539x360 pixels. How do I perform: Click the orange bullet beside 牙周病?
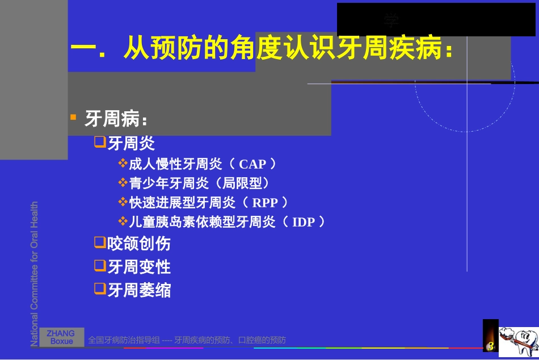tap(73, 118)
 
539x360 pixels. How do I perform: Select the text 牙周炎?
tap(131, 143)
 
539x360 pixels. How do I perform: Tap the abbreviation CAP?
tap(252, 165)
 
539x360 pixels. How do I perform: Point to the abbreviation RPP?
tap(265, 203)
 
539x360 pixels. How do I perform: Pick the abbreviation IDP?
tap(303, 222)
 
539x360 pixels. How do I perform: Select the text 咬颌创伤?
tap(139, 244)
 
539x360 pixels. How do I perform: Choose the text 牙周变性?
tap(139, 267)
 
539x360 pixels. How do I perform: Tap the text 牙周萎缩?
tap(139, 290)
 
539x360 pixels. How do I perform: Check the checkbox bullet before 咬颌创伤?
tap(100, 243)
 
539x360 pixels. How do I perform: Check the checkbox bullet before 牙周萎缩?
tap(100, 289)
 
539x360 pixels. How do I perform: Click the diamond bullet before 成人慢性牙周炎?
tap(123, 164)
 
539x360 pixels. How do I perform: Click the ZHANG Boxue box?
tap(61, 337)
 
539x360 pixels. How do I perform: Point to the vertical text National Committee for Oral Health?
tap(35, 274)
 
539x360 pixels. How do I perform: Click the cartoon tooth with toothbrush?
tap(518, 342)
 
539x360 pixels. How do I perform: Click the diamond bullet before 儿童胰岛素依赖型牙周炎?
tap(123, 221)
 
